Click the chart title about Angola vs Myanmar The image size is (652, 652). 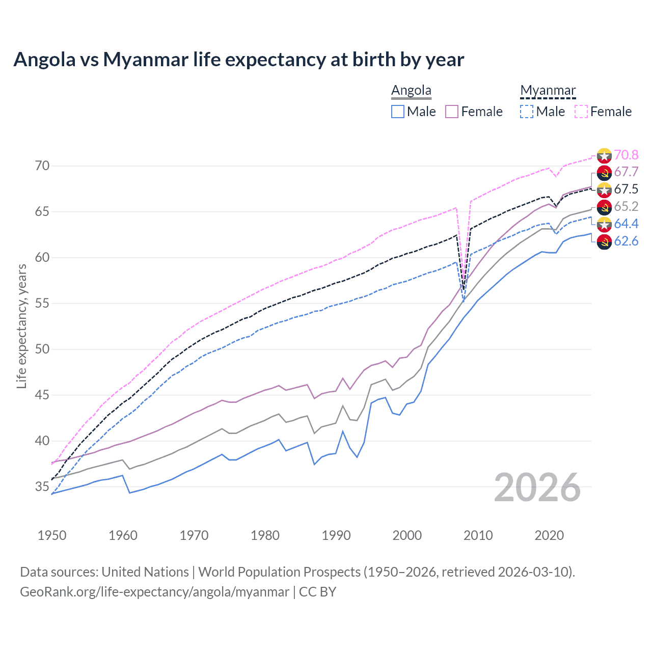(238, 60)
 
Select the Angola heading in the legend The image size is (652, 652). (411, 90)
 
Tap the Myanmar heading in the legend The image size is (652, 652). (548, 90)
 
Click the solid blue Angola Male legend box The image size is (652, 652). (398, 112)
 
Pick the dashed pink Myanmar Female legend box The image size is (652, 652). (581, 112)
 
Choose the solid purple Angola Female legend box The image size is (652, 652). (452, 112)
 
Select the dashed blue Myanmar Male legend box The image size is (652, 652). (527, 112)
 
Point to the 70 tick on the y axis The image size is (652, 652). (42, 166)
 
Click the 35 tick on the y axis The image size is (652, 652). (42, 487)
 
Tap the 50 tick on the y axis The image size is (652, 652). (42, 349)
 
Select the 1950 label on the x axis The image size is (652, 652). (52, 535)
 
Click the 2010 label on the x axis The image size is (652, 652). (478, 535)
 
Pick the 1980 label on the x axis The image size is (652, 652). (265, 535)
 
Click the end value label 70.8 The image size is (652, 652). (626, 155)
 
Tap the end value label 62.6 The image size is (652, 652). (626, 241)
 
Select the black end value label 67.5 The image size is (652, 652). (626, 189)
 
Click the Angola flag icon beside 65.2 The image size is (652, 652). (604, 207)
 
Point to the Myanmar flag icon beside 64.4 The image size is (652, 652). (604, 225)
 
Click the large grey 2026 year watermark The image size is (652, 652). (537, 487)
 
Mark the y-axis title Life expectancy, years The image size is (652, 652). (21, 326)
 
